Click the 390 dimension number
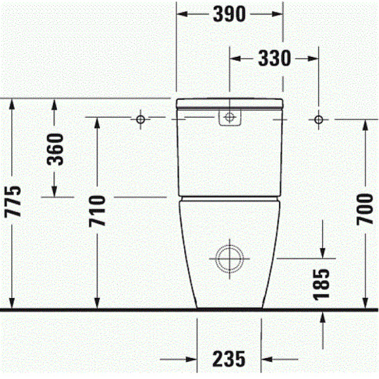[x=229, y=14]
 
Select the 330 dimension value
[x=274, y=58]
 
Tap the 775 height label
[x=13, y=201]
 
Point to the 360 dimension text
[x=55, y=150]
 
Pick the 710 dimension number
[x=97, y=211]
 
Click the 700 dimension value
[x=365, y=209]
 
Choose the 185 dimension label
[x=321, y=284]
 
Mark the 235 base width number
[x=229, y=359]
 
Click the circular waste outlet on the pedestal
[x=229, y=259]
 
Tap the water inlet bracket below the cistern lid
[x=229, y=118]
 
